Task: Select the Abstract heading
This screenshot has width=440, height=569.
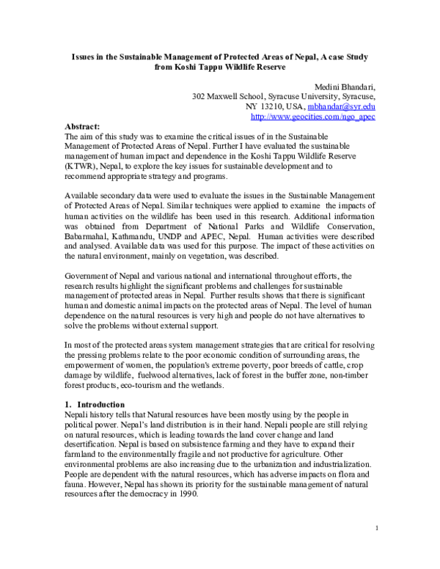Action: coord(82,126)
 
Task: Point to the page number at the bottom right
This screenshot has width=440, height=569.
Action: coord(375,528)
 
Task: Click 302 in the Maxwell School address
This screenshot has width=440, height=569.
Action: coord(199,96)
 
